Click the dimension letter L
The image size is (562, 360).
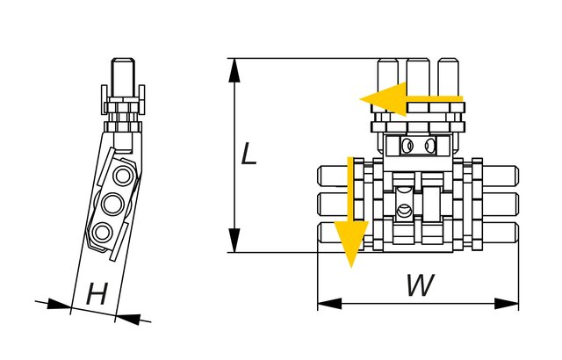click(x=249, y=154)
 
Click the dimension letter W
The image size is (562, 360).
click(x=421, y=284)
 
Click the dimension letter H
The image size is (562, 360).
click(x=97, y=294)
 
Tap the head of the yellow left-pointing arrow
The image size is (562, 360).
click(x=383, y=99)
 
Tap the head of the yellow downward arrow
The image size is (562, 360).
click(x=351, y=244)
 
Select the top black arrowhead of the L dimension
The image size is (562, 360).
click(x=234, y=72)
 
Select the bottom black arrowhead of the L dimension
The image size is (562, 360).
click(x=234, y=240)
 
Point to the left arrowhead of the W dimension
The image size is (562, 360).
click(x=330, y=304)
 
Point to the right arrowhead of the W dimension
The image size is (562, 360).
click(x=506, y=304)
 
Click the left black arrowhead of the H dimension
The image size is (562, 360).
click(x=59, y=305)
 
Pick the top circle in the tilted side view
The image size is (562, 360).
click(x=124, y=176)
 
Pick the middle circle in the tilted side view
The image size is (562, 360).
click(x=113, y=204)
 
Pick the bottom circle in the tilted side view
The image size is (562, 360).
click(x=103, y=232)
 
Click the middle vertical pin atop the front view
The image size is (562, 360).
click(x=418, y=77)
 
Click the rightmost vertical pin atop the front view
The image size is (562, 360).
click(x=449, y=77)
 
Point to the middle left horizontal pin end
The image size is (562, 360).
click(x=335, y=204)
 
